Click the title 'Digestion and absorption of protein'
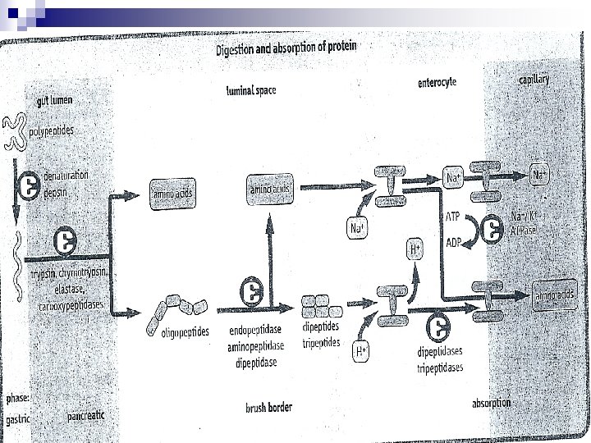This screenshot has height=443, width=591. click(286, 48)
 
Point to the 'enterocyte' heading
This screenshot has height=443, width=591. click(436, 82)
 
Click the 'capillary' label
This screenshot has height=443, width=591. click(533, 80)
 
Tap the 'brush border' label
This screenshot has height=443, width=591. click(268, 407)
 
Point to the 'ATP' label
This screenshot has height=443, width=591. click(451, 217)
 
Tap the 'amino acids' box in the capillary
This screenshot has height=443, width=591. click(555, 295)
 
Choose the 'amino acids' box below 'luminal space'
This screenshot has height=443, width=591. click(270, 190)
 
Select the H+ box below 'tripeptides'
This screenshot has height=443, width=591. click(361, 352)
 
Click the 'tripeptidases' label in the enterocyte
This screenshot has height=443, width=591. click(440, 367)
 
